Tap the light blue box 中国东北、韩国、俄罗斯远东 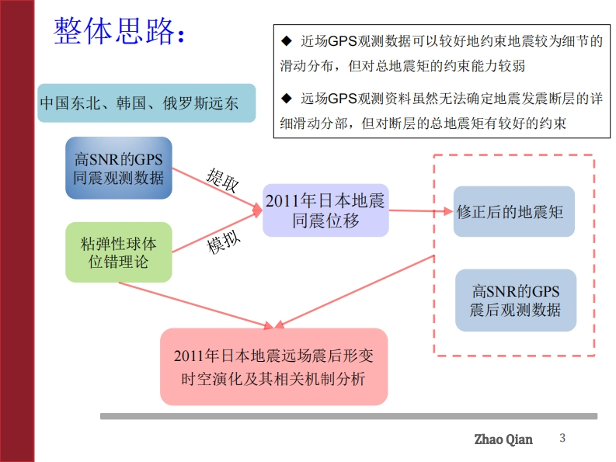tap(146, 103)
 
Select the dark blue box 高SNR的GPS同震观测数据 tap(119, 168)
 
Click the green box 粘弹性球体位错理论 tap(119, 252)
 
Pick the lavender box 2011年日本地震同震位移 tap(325, 210)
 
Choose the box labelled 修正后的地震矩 tap(514, 211)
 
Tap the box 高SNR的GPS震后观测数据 tap(515, 301)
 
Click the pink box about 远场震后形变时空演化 tap(273, 366)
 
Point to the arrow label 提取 tap(222, 180)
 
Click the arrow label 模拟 tap(224, 242)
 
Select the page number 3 tap(563, 439)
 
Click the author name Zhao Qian tap(503, 439)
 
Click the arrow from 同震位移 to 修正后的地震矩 tap(419, 210)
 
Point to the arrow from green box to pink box tap(194, 303)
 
